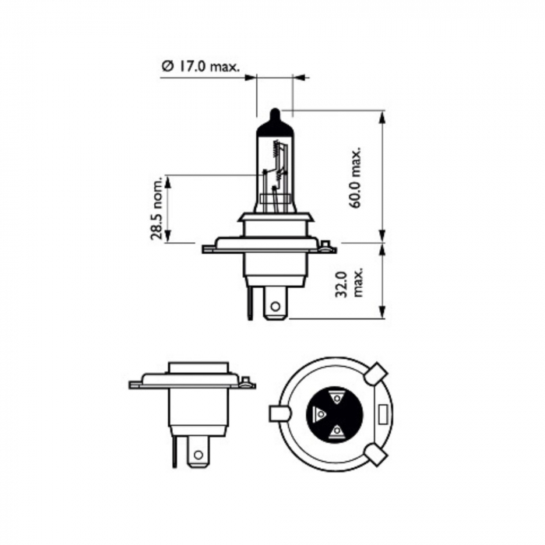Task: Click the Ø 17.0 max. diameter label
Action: coord(201,69)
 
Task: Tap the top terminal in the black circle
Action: coord(336,397)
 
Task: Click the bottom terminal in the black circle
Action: coord(336,431)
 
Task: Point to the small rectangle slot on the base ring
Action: coord(383,413)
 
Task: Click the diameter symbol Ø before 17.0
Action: coord(167,69)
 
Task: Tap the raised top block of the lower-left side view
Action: coord(199,368)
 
